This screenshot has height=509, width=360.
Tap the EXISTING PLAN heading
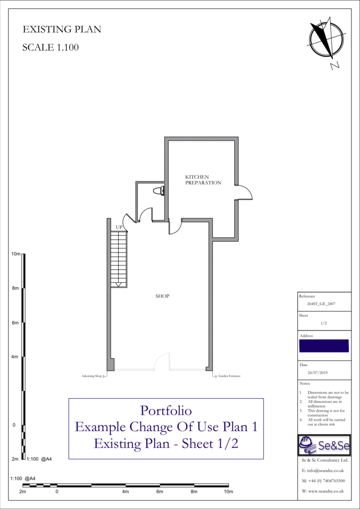pyautogui.click(x=62, y=30)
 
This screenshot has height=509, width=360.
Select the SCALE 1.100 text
pyautogui.click(x=51, y=48)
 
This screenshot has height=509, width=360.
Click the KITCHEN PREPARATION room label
pyautogui.click(x=203, y=180)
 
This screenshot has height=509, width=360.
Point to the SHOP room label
pyautogui.click(x=162, y=296)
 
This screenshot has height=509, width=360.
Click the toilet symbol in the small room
pyautogui.click(x=159, y=190)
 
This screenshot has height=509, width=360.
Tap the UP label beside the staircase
pyautogui.click(x=119, y=227)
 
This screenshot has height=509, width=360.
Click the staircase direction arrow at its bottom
pyautogui.click(x=119, y=285)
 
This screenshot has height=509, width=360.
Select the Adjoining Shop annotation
pyautogui.click(x=92, y=376)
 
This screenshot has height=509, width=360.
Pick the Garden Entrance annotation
pyautogui.click(x=229, y=376)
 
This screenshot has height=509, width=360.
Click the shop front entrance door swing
pyautogui.click(x=162, y=362)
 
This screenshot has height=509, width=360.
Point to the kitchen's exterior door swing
pyautogui.click(x=244, y=192)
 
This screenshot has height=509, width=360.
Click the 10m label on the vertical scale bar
pyautogui.click(x=16, y=254)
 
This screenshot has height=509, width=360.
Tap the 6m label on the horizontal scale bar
pyautogui.click(x=160, y=492)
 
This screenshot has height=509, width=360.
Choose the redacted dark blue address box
pyautogui.click(x=324, y=346)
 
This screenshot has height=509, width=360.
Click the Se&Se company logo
pyautogui.click(x=324, y=445)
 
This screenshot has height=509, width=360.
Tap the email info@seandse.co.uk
pyautogui.click(x=323, y=470)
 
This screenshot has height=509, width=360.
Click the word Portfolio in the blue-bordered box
pyautogui.click(x=166, y=411)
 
